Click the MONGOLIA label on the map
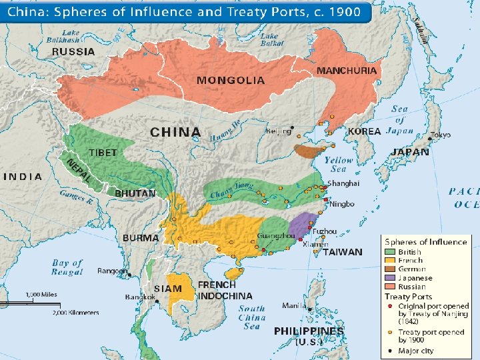click(230, 80)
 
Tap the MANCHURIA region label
click(347, 70)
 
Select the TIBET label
click(103, 153)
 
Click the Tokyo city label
click(441, 135)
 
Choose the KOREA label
click(364, 132)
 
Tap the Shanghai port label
click(343, 183)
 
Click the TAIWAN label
click(343, 252)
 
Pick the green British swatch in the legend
click(390, 252)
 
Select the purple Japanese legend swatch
click(390, 278)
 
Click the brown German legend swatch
click(390, 269)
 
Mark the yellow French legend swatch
click(390, 261)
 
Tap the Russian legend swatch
click(390, 287)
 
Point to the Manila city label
click(294, 306)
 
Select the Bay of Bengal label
click(67, 267)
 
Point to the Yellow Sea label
click(339, 165)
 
